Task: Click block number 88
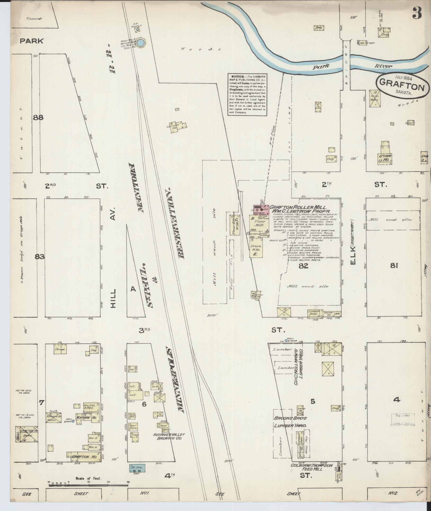pyautogui.click(x=38, y=117)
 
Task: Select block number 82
pyautogui.click(x=303, y=265)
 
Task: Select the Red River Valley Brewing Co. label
pyautogui.click(x=169, y=436)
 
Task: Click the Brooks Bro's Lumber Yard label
pyautogui.click(x=290, y=422)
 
